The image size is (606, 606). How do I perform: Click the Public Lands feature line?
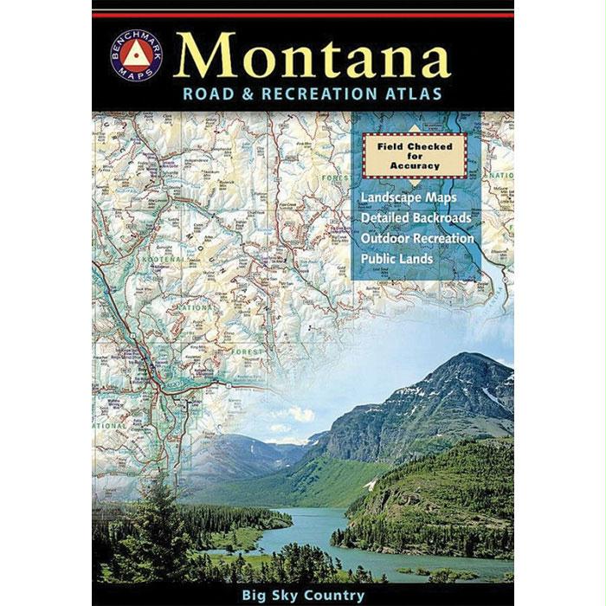click(x=397, y=258)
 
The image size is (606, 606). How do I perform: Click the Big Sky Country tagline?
click(x=302, y=595)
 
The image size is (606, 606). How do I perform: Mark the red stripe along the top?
click(x=302, y=15)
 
